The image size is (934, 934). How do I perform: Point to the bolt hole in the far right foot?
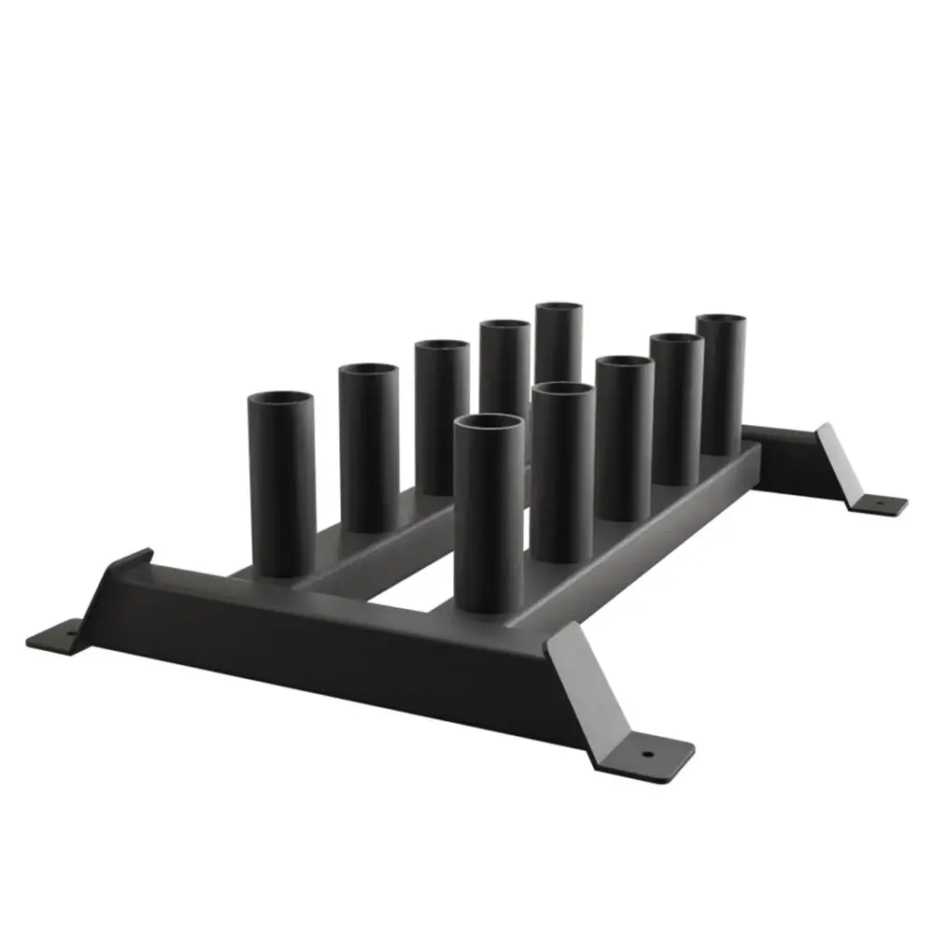click(879, 502)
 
